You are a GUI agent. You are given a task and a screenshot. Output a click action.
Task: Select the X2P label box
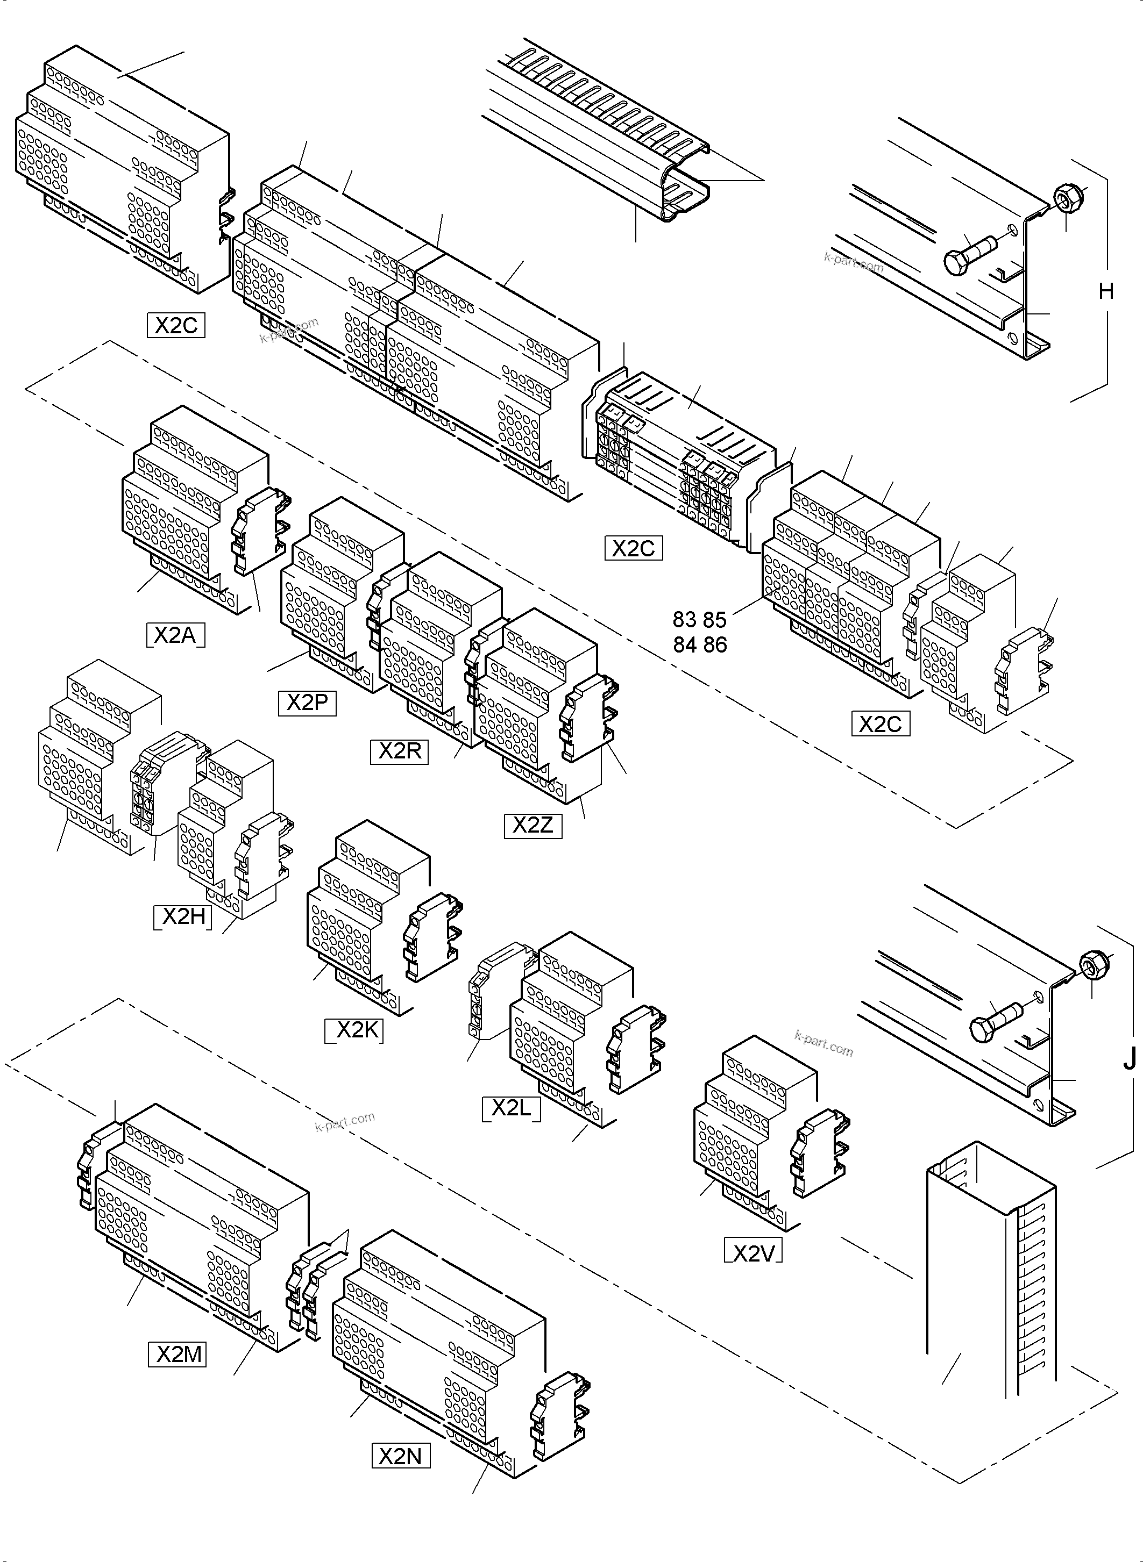coord(307,703)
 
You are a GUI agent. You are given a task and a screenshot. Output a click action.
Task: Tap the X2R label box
coord(399,751)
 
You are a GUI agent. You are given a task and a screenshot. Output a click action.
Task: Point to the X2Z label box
coord(533,826)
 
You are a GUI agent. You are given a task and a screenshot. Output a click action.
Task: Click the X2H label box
coord(183,917)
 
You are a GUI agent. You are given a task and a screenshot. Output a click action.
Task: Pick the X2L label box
coord(510,1108)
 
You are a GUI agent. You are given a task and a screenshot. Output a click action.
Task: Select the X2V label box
coord(753,1253)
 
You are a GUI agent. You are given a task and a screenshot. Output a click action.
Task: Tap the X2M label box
coord(178,1355)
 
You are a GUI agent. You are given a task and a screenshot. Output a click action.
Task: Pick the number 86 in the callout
coord(715,645)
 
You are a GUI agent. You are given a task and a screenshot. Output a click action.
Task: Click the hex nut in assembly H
coord(1066,198)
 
